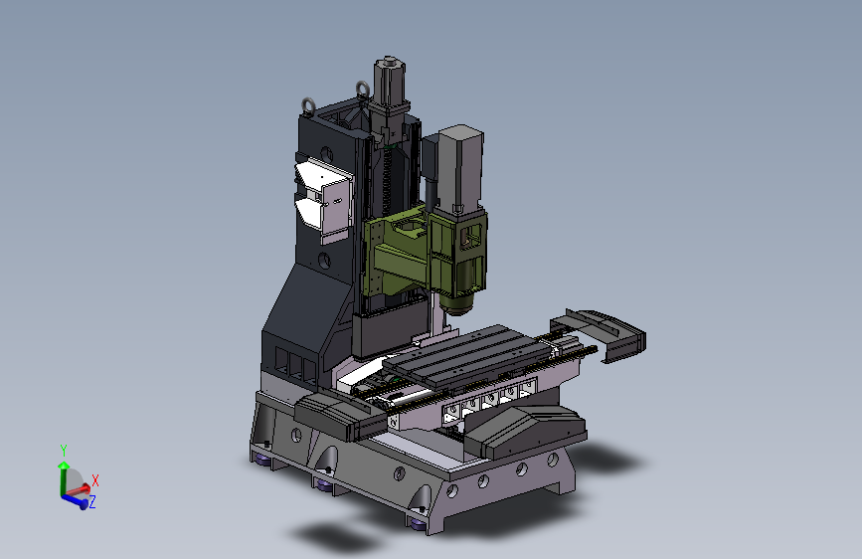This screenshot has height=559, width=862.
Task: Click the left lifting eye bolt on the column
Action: click(309, 106)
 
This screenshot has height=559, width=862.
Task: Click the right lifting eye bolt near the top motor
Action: click(363, 90)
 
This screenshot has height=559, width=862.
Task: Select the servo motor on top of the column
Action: click(390, 83)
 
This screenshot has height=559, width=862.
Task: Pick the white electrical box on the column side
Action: click(324, 198)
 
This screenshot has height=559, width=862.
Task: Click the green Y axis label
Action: click(64, 451)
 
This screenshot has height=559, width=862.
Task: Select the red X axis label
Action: click(95, 480)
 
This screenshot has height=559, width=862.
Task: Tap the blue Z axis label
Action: click(92, 501)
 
